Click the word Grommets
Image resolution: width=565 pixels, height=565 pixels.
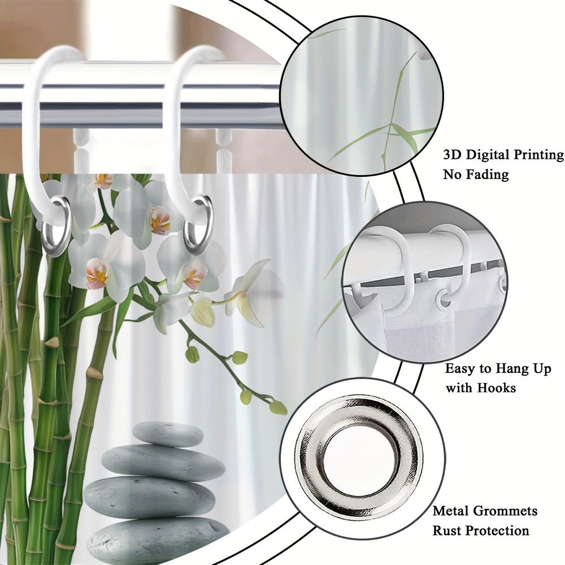pos(506,511)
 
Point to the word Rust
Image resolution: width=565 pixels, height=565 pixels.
pos(449,531)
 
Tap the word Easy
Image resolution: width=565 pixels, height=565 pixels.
pos(461,369)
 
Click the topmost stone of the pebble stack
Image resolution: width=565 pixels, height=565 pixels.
pos(167,433)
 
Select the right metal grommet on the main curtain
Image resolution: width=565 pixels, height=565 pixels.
pos(199,224)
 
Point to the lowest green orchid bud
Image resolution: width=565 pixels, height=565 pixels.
pos(278,407)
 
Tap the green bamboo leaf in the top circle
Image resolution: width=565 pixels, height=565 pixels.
pos(405,136)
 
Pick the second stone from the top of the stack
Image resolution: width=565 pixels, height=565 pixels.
pos(163,462)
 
